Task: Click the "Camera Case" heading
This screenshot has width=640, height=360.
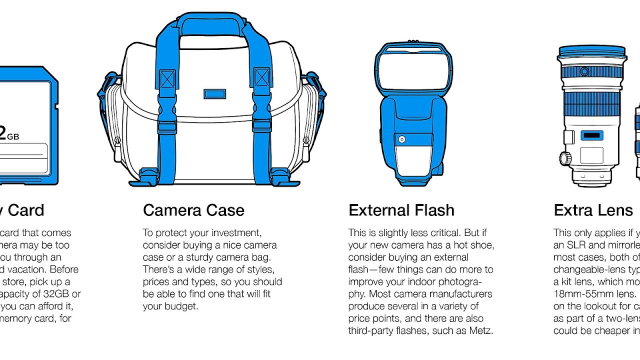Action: tap(193, 210)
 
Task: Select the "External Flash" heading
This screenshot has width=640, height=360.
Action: tap(401, 210)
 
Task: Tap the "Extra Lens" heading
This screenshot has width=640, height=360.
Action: tap(593, 210)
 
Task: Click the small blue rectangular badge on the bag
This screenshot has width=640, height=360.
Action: tap(215, 94)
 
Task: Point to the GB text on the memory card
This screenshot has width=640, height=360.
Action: tap(13, 136)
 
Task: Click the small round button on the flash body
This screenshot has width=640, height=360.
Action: tap(401, 139)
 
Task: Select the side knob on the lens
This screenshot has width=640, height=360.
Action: tap(565, 158)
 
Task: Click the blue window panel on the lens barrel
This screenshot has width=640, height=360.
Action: tap(592, 135)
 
